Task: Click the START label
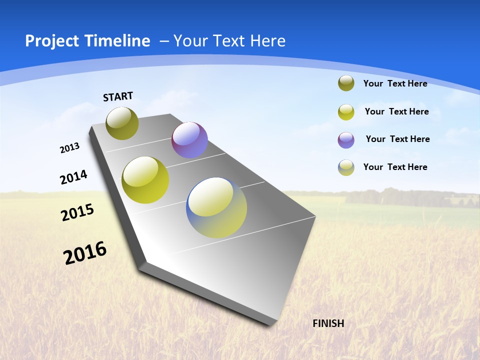tap(118, 96)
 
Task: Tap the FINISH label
tap(328, 323)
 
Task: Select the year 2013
tap(69, 148)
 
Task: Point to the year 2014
tap(73, 177)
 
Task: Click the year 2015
tap(77, 212)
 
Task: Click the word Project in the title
tap(52, 41)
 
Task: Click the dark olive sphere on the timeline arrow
tap(122, 123)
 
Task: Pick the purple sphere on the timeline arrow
tap(189, 140)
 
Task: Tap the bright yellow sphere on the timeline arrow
tap(145, 180)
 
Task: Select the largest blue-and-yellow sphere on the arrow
tap(216, 207)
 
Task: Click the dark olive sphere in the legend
tap(346, 83)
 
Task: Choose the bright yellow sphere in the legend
tap(346, 111)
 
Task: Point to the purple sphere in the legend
tap(346, 139)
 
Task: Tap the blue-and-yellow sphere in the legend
tap(346, 167)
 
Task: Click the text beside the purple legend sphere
tap(397, 139)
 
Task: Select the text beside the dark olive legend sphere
tap(395, 83)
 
